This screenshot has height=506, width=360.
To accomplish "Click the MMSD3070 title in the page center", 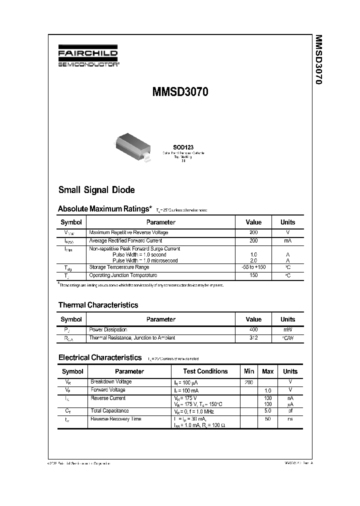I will point(180,92).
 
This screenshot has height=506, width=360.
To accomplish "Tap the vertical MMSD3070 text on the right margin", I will point(318,59).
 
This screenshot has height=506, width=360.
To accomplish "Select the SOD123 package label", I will point(183,147).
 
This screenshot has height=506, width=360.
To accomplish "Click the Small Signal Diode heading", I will point(96,190).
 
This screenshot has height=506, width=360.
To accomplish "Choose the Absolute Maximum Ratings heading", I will point(104,208).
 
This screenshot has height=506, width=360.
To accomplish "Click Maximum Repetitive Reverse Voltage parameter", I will point(128,232).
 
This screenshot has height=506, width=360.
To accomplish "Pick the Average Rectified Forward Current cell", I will point(126,240).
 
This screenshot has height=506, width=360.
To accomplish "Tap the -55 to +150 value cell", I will point(253,267).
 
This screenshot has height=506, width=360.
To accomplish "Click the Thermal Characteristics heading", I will point(98,305).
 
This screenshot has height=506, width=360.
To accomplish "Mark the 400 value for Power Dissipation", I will point(253,329).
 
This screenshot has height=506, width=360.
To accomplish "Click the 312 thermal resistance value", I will point(253,337).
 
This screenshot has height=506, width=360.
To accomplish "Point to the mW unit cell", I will point(287,329).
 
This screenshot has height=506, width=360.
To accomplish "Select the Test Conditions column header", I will point(205,371).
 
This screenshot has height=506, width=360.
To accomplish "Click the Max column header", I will point(268,371).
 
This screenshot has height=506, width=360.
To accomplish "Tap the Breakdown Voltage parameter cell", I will point(111,381).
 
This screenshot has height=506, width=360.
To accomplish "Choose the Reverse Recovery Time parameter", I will point(115,418).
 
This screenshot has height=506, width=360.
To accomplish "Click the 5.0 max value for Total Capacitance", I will point(268,410).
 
